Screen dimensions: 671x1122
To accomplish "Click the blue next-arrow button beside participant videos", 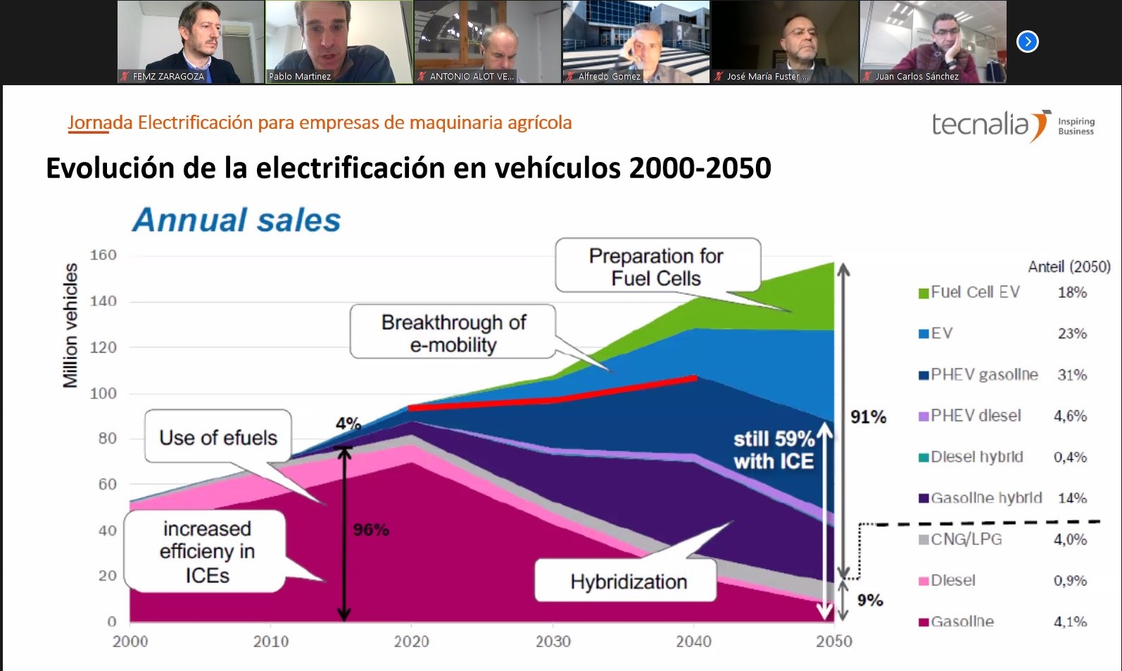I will point(1027,42).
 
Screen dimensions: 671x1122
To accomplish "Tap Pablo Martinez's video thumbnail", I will point(339,41).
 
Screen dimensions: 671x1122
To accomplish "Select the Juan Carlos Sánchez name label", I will point(916,76).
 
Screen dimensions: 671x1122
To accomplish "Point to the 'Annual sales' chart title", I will point(237,220).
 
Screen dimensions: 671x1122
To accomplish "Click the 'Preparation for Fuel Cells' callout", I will point(657,266).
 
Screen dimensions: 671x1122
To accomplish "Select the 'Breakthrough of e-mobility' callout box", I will point(453,332).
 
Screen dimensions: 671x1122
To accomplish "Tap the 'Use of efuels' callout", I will point(218,437).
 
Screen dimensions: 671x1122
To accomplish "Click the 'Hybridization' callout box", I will point(628,582).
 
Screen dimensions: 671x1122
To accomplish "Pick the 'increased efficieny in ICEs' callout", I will point(206,551).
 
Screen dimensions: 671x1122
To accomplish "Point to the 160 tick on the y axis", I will point(103,255).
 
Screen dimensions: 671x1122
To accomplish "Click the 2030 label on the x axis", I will point(553,641).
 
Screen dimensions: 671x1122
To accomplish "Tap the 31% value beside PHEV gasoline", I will point(1071,375).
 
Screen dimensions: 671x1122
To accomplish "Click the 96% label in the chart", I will point(371,529).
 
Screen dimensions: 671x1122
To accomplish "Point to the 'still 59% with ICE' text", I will point(773,450).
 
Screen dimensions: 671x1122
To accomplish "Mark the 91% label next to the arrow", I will point(868,417).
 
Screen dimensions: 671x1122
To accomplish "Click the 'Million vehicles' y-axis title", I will point(70,325).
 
